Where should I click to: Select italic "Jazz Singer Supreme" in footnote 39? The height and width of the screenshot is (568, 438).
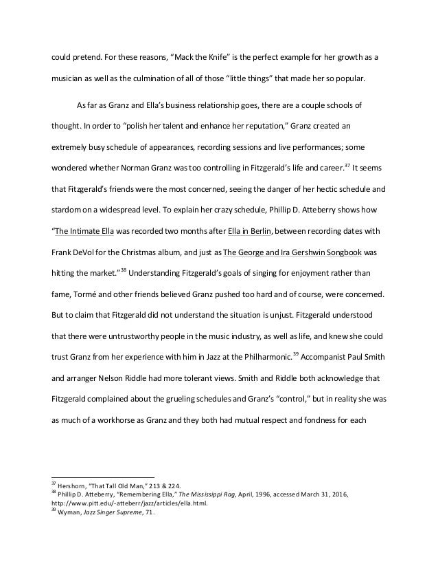click(112, 512)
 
